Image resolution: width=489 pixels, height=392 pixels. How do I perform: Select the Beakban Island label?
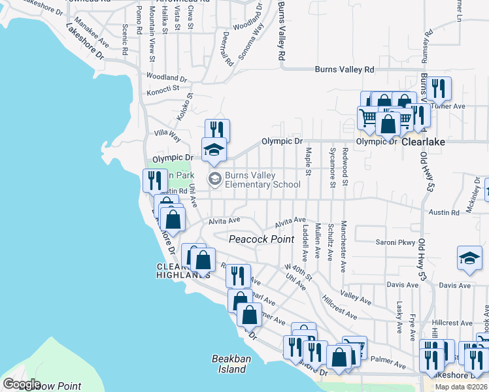click(229, 364)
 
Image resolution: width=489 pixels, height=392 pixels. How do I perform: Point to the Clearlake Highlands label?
click(182, 270)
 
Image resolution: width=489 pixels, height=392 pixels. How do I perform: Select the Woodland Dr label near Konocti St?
click(167, 77)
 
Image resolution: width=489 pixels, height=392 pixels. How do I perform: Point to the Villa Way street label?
click(167, 135)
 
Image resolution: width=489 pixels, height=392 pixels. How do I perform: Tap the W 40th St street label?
click(299, 270)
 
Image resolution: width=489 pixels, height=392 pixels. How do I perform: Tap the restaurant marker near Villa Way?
click(217, 130)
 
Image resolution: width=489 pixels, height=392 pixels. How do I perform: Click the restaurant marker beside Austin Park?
click(155, 180)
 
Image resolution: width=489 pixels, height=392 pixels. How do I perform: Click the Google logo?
click(22, 384)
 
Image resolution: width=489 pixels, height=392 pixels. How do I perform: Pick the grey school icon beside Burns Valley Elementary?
click(214, 178)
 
